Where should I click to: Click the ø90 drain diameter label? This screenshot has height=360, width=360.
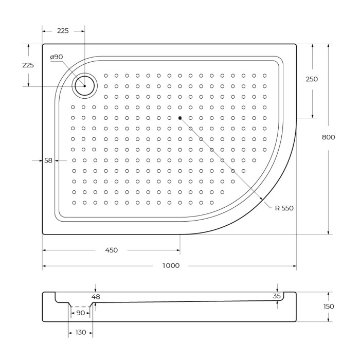pos(57,57)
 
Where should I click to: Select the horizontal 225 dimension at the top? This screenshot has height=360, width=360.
pos(63,31)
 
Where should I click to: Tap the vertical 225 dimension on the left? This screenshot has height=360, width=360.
pos(28,65)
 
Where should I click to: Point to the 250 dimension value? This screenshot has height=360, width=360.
pos(312,79)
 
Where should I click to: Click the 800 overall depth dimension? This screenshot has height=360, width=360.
pos(328,137)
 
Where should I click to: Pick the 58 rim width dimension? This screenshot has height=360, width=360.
pos(48,160)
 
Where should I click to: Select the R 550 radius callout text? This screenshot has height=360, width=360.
pos(284,208)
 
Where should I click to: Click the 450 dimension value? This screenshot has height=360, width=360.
pos(111,250)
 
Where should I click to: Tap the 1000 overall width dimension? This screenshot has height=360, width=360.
pos(171,266)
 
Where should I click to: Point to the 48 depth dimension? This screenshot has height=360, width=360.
pos(96,296)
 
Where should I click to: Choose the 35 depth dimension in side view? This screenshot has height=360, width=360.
pos(277,296)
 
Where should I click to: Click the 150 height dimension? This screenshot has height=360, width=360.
pos(328,307)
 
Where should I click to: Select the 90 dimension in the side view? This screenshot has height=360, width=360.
pos(80,313)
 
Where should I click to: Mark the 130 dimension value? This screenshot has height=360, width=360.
pos(81,333)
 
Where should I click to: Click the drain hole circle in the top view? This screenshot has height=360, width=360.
pos(85,86)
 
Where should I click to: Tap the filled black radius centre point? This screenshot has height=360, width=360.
pos(180,118)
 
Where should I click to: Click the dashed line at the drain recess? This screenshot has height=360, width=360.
pos(80,307)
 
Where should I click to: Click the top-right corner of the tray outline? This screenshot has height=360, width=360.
pos(296,44)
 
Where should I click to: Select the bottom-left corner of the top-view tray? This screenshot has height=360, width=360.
pos(43,234)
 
